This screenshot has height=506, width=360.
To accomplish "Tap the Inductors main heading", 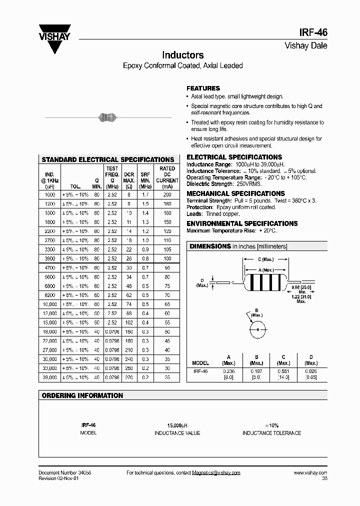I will click(x=182, y=55).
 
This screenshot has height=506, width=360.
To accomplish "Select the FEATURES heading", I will click(x=203, y=88).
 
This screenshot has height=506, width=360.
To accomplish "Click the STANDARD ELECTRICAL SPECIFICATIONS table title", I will click(x=107, y=159).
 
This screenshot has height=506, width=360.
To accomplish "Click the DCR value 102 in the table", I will click(x=129, y=322).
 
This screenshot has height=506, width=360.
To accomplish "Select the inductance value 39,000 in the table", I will click(x=50, y=377).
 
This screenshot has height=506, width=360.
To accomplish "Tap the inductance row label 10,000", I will click(x=50, y=304).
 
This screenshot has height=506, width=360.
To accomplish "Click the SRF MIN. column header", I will click(x=145, y=177).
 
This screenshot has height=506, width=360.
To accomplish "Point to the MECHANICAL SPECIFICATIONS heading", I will click(x=235, y=193).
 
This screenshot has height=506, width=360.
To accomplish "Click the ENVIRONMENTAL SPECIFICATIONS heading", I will click(x=242, y=223).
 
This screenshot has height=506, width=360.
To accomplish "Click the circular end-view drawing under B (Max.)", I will click(x=257, y=330).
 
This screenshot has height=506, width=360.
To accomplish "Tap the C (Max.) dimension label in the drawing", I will click(x=265, y=259).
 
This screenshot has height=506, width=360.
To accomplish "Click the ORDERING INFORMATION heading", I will click(x=82, y=395).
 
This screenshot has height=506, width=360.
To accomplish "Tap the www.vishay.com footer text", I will click(x=310, y=472).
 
